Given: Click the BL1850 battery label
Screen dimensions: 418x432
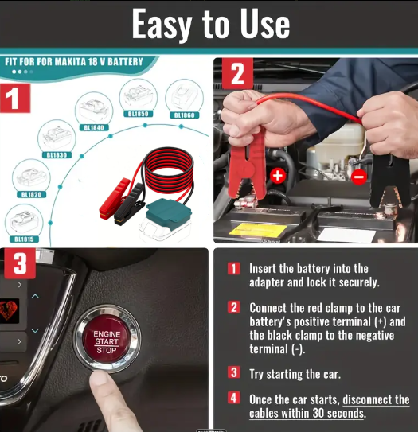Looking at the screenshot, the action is [138, 114].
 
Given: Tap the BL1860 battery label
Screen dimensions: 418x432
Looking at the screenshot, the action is [184, 115].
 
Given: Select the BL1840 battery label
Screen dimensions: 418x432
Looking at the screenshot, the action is [94, 127].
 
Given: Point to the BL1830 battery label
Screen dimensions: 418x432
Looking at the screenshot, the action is [57, 155].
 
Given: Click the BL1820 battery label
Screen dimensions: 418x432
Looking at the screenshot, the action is [31, 194].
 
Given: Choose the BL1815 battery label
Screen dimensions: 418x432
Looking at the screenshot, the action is [24, 239].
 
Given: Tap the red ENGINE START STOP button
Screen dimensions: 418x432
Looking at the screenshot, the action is [107, 341].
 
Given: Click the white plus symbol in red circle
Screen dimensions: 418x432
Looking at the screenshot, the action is [277, 176].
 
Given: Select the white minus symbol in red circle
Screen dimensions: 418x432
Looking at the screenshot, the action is [359, 177].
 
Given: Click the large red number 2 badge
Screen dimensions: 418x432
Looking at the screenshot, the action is [237, 74].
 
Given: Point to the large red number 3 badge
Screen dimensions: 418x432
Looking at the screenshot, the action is [20, 263].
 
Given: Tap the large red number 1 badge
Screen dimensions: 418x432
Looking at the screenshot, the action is [15, 99].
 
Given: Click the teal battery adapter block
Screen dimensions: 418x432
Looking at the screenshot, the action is [169, 213].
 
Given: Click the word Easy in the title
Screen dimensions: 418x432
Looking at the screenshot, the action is [162, 24].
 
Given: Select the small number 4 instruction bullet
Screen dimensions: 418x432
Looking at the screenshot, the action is [233, 398].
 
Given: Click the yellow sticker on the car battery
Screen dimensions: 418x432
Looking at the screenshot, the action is [257, 230].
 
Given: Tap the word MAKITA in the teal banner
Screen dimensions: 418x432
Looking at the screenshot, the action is [70, 62].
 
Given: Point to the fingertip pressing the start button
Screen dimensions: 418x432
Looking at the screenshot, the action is [101, 379].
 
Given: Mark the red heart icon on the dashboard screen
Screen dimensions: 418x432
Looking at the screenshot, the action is [8, 310].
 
